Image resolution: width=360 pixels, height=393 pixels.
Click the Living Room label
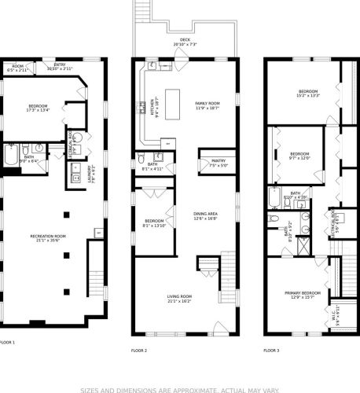[179, 298]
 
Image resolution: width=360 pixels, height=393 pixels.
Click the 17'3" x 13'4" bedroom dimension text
[38, 110]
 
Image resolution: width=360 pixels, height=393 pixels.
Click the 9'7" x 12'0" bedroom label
[299, 156]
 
